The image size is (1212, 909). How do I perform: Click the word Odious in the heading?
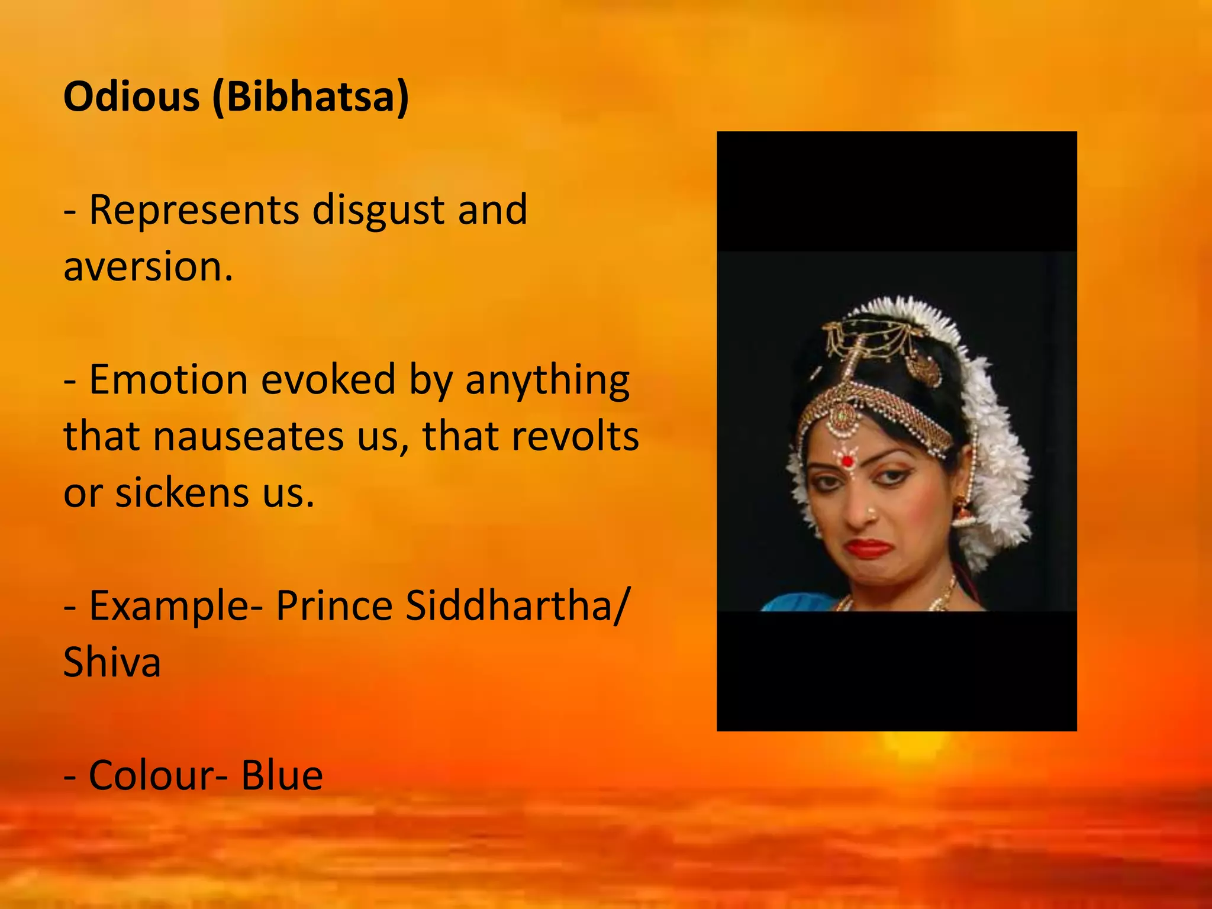(x=131, y=96)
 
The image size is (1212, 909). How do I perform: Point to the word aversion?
(x=148, y=266)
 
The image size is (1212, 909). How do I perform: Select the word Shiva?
(x=112, y=662)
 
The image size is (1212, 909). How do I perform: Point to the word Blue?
(x=282, y=775)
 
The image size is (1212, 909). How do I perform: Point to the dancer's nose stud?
(x=871, y=510)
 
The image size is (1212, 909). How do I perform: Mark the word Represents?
(x=194, y=210)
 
